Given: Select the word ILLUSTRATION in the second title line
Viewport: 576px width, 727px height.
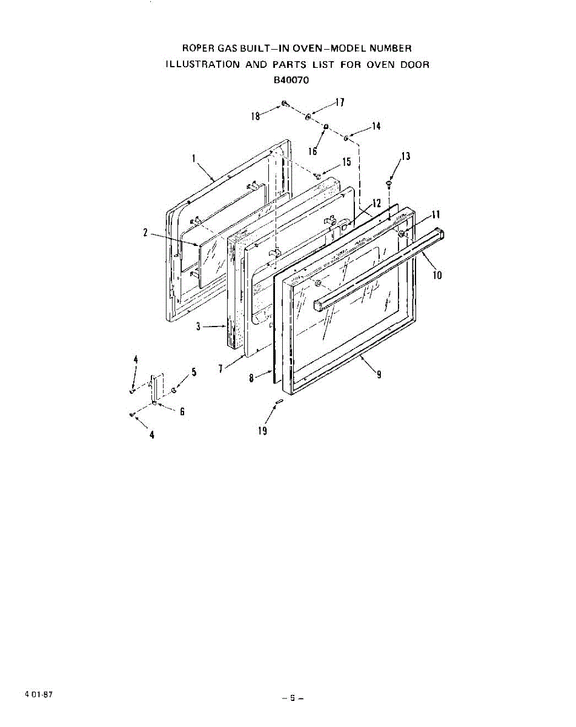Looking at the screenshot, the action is [x=202, y=64].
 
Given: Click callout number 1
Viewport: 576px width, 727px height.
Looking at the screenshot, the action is [x=194, y=158].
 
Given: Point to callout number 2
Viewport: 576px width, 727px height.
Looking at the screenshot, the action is [x=145, y=233].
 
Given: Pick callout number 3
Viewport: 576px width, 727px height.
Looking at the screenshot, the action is [x=198, y=327].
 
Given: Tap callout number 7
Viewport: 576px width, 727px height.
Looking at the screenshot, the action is [x=220, y=369].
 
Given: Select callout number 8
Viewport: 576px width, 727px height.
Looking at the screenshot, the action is [x=251, y=378].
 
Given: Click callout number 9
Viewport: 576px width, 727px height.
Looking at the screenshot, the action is [x=379, y=374].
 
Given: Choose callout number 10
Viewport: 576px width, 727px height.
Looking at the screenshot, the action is [x=437, y=275].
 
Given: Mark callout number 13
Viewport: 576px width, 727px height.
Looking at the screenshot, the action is [x=405, y=156].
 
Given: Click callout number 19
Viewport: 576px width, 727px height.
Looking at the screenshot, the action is [x=262, y=431].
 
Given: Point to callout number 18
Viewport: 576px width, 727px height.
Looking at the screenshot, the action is [x=256, y=116].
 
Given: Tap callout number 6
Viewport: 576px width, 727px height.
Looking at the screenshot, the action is [x=182, y=411].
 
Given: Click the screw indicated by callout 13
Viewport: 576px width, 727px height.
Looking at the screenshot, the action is [x=389, y=184].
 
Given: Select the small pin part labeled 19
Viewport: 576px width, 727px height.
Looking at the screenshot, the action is [x=279, y=401].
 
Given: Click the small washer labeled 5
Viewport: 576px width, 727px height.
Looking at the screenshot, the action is [x=174, y=390].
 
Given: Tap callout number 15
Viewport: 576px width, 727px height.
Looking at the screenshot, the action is [x=346, y=162].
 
